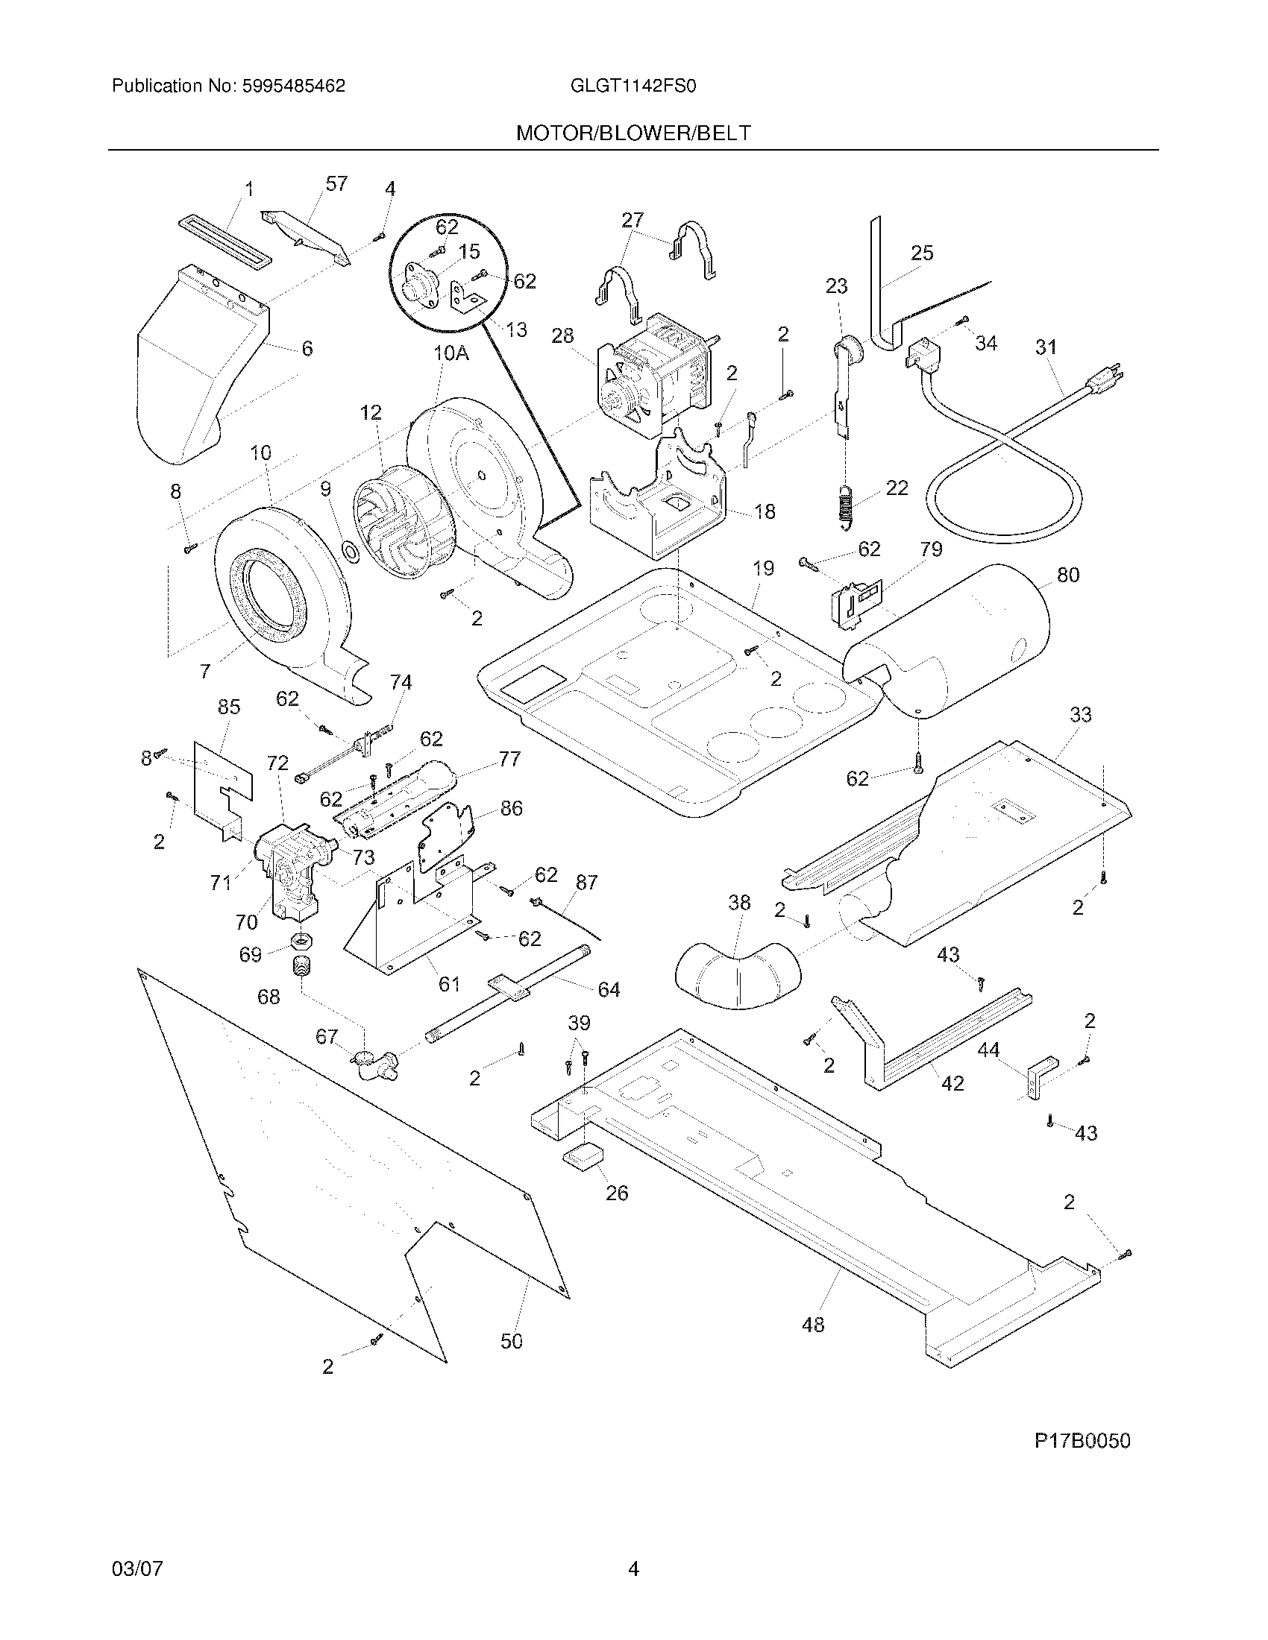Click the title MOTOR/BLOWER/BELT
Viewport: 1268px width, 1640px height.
633,133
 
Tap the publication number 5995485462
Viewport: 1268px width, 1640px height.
293,86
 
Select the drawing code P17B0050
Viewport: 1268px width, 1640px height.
1082,1440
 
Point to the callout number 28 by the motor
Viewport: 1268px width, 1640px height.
562,335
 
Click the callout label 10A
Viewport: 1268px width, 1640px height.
451,353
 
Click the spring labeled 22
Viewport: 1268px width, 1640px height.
845,505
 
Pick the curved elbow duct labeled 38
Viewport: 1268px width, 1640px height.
738,973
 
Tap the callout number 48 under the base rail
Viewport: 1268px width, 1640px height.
813,1324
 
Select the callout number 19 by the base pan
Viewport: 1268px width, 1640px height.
763,569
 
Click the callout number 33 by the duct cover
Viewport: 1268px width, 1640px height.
1080,714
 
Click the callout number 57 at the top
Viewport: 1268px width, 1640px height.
336,183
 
